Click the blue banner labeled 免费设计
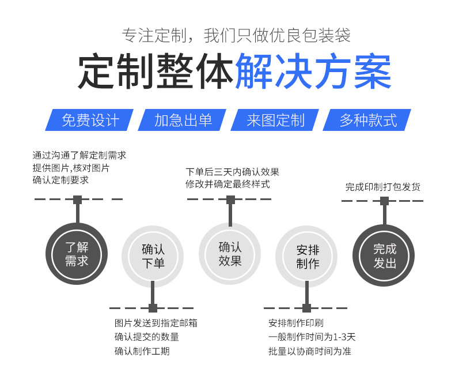coord(90,120)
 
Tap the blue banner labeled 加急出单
coord(183,120)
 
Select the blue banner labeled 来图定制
coord(275,120)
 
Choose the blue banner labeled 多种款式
coord(368,120)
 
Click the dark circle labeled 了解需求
coord(77,254)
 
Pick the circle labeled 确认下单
coord(153,256)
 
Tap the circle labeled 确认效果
coord(230,254)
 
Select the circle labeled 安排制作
coord(307,256)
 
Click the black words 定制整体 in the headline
coord(156,72)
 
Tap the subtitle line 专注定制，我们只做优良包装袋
coord(236,36)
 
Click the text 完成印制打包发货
coord(382,187)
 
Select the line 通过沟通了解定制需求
coord(79,155)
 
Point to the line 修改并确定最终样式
coord(227,184)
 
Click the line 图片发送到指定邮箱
coord(156,323)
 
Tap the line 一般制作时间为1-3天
coord(312,337)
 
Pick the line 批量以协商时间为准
coord(309,351)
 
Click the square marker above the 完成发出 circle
coord(384,201)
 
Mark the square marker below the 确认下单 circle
coord(153,308)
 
